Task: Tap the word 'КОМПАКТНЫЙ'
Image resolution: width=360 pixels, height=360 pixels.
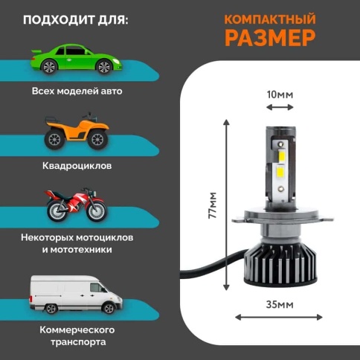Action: [269, 18]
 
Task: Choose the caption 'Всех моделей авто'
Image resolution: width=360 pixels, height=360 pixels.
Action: [77, 91]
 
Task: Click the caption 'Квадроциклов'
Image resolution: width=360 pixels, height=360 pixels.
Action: [77, 165]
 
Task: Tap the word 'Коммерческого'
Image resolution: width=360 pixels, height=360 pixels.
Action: [78, 329]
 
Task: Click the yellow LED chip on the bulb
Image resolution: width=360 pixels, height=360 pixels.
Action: [281, 173]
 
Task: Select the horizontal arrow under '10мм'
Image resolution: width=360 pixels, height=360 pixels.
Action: [280, 106]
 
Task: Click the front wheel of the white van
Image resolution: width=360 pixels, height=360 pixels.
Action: [52, 307]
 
